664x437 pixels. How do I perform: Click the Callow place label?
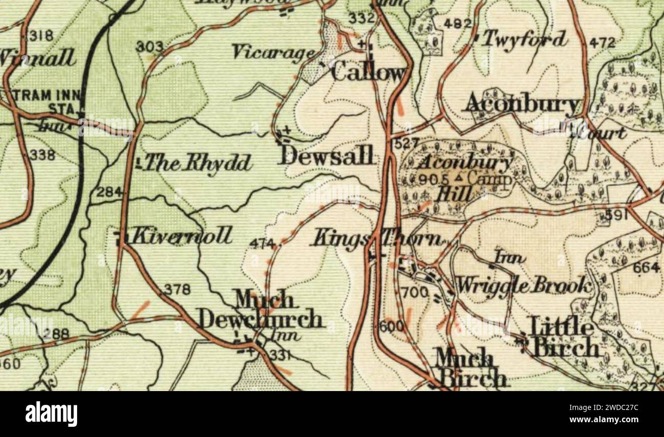(x=369, y=72)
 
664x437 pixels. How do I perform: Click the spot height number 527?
(x=407, y=143)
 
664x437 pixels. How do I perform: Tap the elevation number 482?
(x=457, y=23)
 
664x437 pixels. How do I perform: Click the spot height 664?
(x=646, y=267)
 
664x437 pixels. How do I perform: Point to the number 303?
(x=149, y=47)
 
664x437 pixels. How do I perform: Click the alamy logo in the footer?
(x=51, y=414)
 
